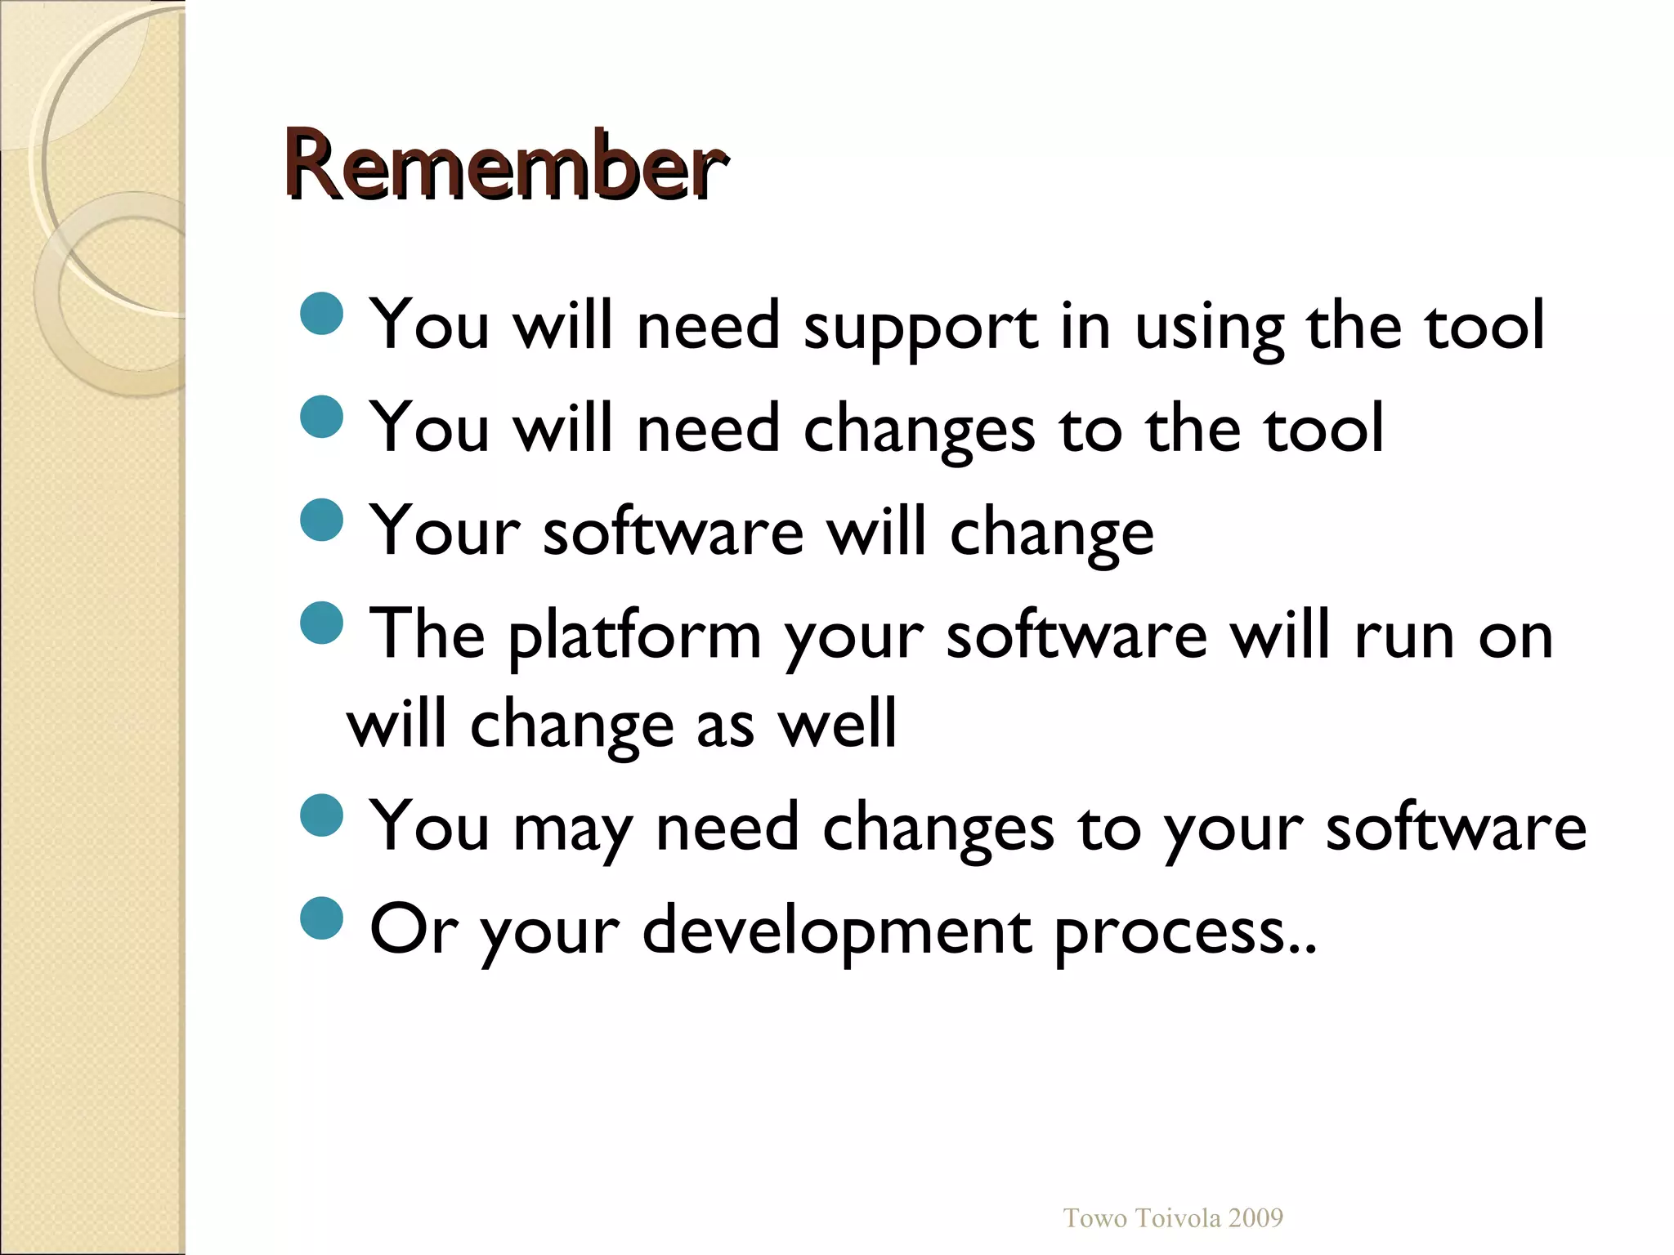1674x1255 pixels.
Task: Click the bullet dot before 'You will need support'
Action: [322, 314]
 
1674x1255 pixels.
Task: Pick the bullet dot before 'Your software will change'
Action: [322, 520]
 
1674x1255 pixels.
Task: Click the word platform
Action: [634, 638]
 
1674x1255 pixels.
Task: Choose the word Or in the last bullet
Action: [413, 929]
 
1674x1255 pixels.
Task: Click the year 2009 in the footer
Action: [1255, 1218]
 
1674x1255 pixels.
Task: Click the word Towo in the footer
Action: [1095, 1218]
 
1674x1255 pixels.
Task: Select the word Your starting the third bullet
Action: [445, 532]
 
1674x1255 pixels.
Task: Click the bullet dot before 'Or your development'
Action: [322, 918]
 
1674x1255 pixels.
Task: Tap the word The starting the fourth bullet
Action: [427, 634]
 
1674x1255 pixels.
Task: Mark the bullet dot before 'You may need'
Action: [322, 815]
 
